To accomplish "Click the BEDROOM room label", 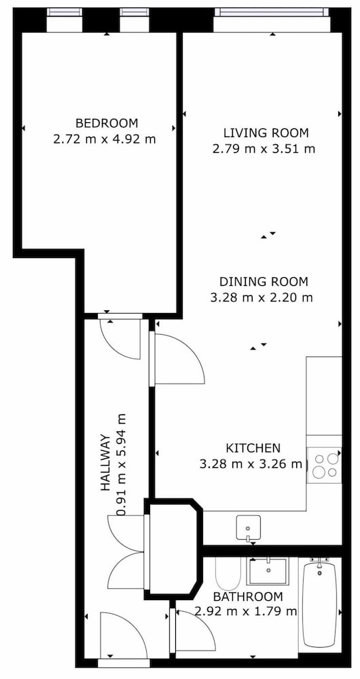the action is (x=107, y=124).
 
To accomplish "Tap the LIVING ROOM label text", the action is (x=266, y=132).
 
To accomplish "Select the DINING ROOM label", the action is (x=264, y=282).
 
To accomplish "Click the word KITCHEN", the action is (x=253, y=447).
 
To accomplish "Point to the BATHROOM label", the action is (x=248, y=597).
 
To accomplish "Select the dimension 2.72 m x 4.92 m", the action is (x=105, y=139).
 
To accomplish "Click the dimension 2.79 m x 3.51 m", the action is (x=264, y=149).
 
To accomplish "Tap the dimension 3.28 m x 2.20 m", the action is (x=262, y=298).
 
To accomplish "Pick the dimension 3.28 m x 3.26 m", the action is (x=251, y=464).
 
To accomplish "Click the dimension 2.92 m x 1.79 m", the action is (x=246, y=612).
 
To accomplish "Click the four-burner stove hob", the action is (x=325, y=466).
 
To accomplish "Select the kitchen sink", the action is (x=248, y=528).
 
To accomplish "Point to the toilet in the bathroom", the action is (x=228, y=572).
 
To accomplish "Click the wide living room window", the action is (x=272, y=12).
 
